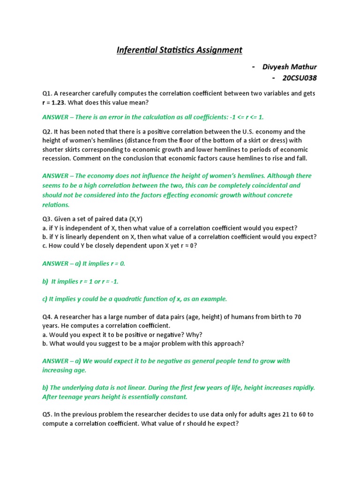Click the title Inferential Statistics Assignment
coord(180,50)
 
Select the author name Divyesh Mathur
coord(290,67)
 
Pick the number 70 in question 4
coord(297,317)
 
